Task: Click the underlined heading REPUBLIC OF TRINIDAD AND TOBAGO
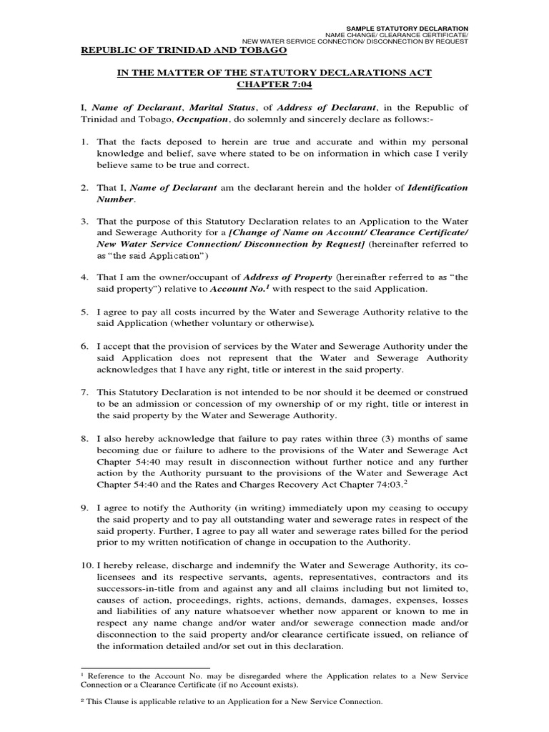click(182, 52)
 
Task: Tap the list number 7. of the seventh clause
click(83, 392)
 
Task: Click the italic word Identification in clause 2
click(437, 187)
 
